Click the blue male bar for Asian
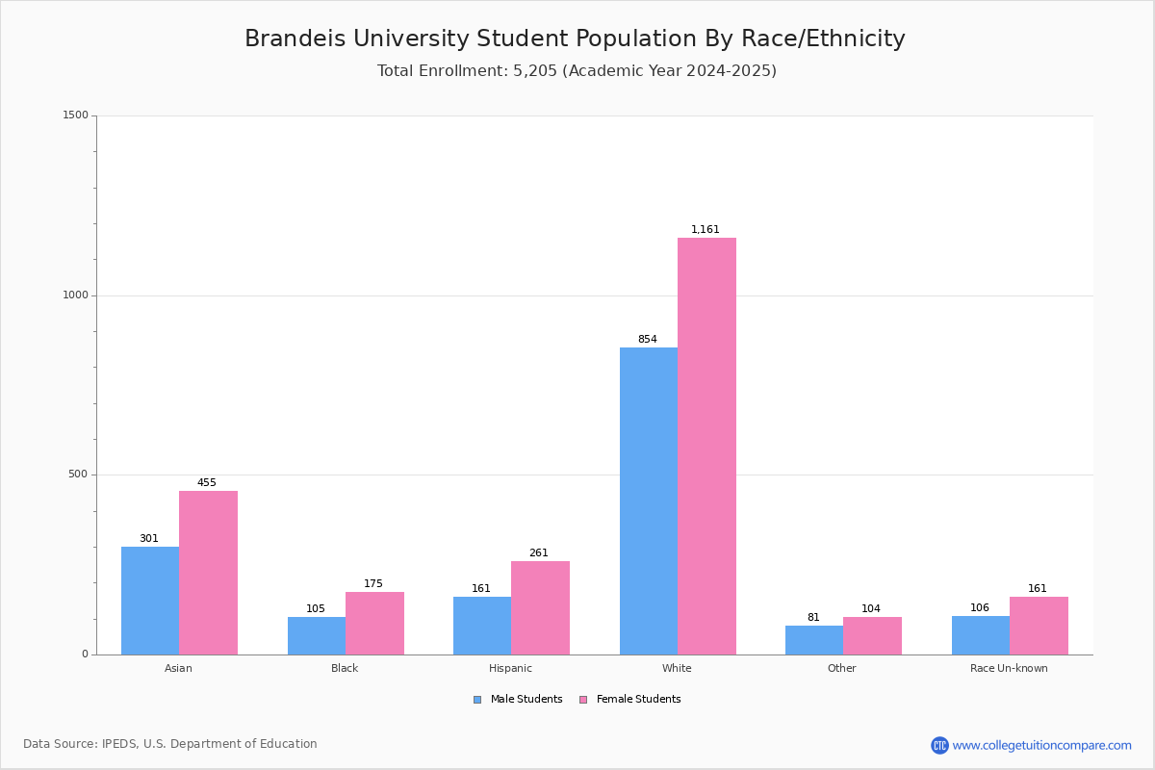click(150, 601)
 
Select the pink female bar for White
click(706, 446)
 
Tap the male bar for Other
click(814, 640)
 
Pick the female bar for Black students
click(374, 623)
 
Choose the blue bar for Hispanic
click(482, 626)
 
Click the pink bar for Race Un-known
click(1039, 626)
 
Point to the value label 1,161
click(705, 229)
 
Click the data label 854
click(647, 339)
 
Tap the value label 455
click(206, 482)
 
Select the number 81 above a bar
click(813, 617)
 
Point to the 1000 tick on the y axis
click(76, 295)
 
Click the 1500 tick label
click(76, 115)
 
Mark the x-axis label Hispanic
click(510, 668)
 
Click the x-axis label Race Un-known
click(1009, 668)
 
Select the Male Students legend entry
click(518, 699)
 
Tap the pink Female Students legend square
click(583, 700)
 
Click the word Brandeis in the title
click(295, 38)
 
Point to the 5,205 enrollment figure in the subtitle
click(535, 70)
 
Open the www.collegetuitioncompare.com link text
click(1041, 745)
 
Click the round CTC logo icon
click(939, 745)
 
